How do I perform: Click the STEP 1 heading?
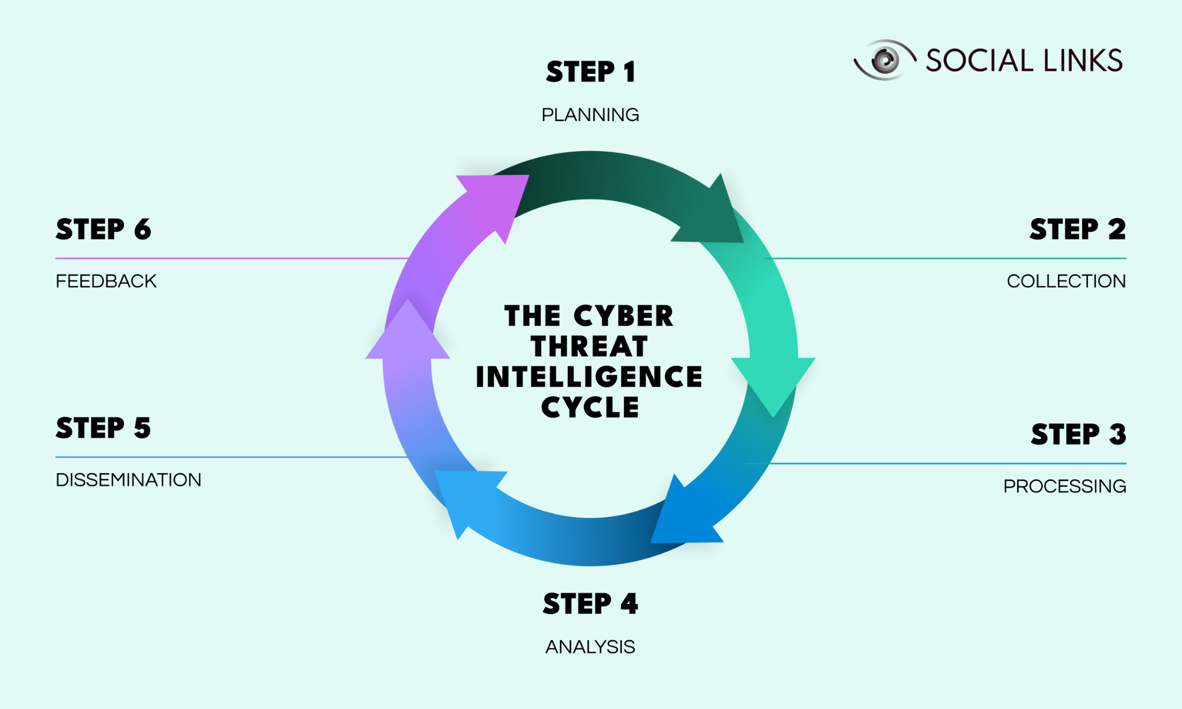[590, 72]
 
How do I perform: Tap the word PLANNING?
[590, 115]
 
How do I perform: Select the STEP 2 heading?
[1077, 229]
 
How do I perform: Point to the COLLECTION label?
[1066, 281]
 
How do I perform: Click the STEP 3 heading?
[1079, 434]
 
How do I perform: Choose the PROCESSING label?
[1064, 486]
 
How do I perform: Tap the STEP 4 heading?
[590, 604]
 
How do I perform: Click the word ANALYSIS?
[590, 647]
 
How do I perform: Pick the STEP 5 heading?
[103, 428]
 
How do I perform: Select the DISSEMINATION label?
[128, 480]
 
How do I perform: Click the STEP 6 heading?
[103, 229]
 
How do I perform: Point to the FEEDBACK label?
[106, 281]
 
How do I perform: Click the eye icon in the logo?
[885, 60]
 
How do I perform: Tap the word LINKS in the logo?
[1082, 61]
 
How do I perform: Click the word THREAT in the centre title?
[589, 347]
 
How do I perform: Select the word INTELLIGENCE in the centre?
[589, 377]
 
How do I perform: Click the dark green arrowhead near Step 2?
[712, 216]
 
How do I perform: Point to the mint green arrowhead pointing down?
[773, 381]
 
